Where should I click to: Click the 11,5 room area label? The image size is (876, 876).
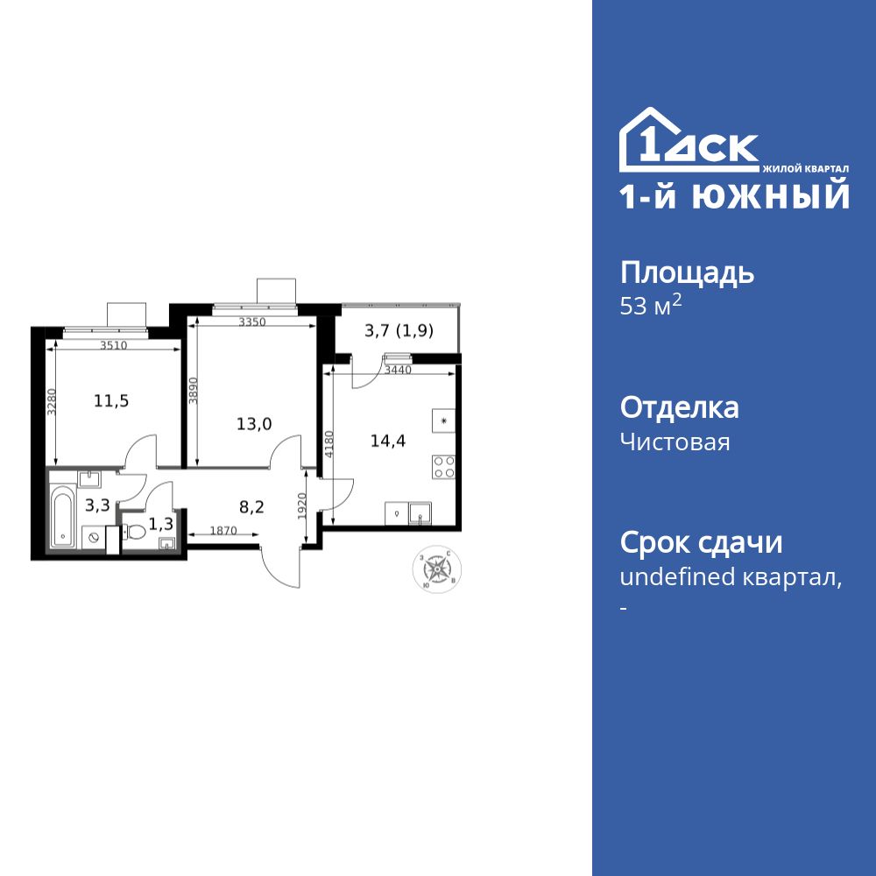[111, 401]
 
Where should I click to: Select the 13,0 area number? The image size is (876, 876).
[254, 424]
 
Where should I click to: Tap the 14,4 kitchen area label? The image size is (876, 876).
[387, 441]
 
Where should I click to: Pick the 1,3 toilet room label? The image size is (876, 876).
[160, 524]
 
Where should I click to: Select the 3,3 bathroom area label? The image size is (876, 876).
[96, 505]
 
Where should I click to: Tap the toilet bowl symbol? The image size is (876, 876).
[134, 532]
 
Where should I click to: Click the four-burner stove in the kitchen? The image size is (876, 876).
[443, 467]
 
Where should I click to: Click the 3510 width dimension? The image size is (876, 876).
[113, 345]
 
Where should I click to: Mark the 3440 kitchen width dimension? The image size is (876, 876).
[399, 371]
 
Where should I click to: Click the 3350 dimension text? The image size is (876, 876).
[252, 322]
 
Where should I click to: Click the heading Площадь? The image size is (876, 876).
[687, 273]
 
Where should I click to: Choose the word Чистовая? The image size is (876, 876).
[675, 442]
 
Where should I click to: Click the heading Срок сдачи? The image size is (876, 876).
[701, 542]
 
